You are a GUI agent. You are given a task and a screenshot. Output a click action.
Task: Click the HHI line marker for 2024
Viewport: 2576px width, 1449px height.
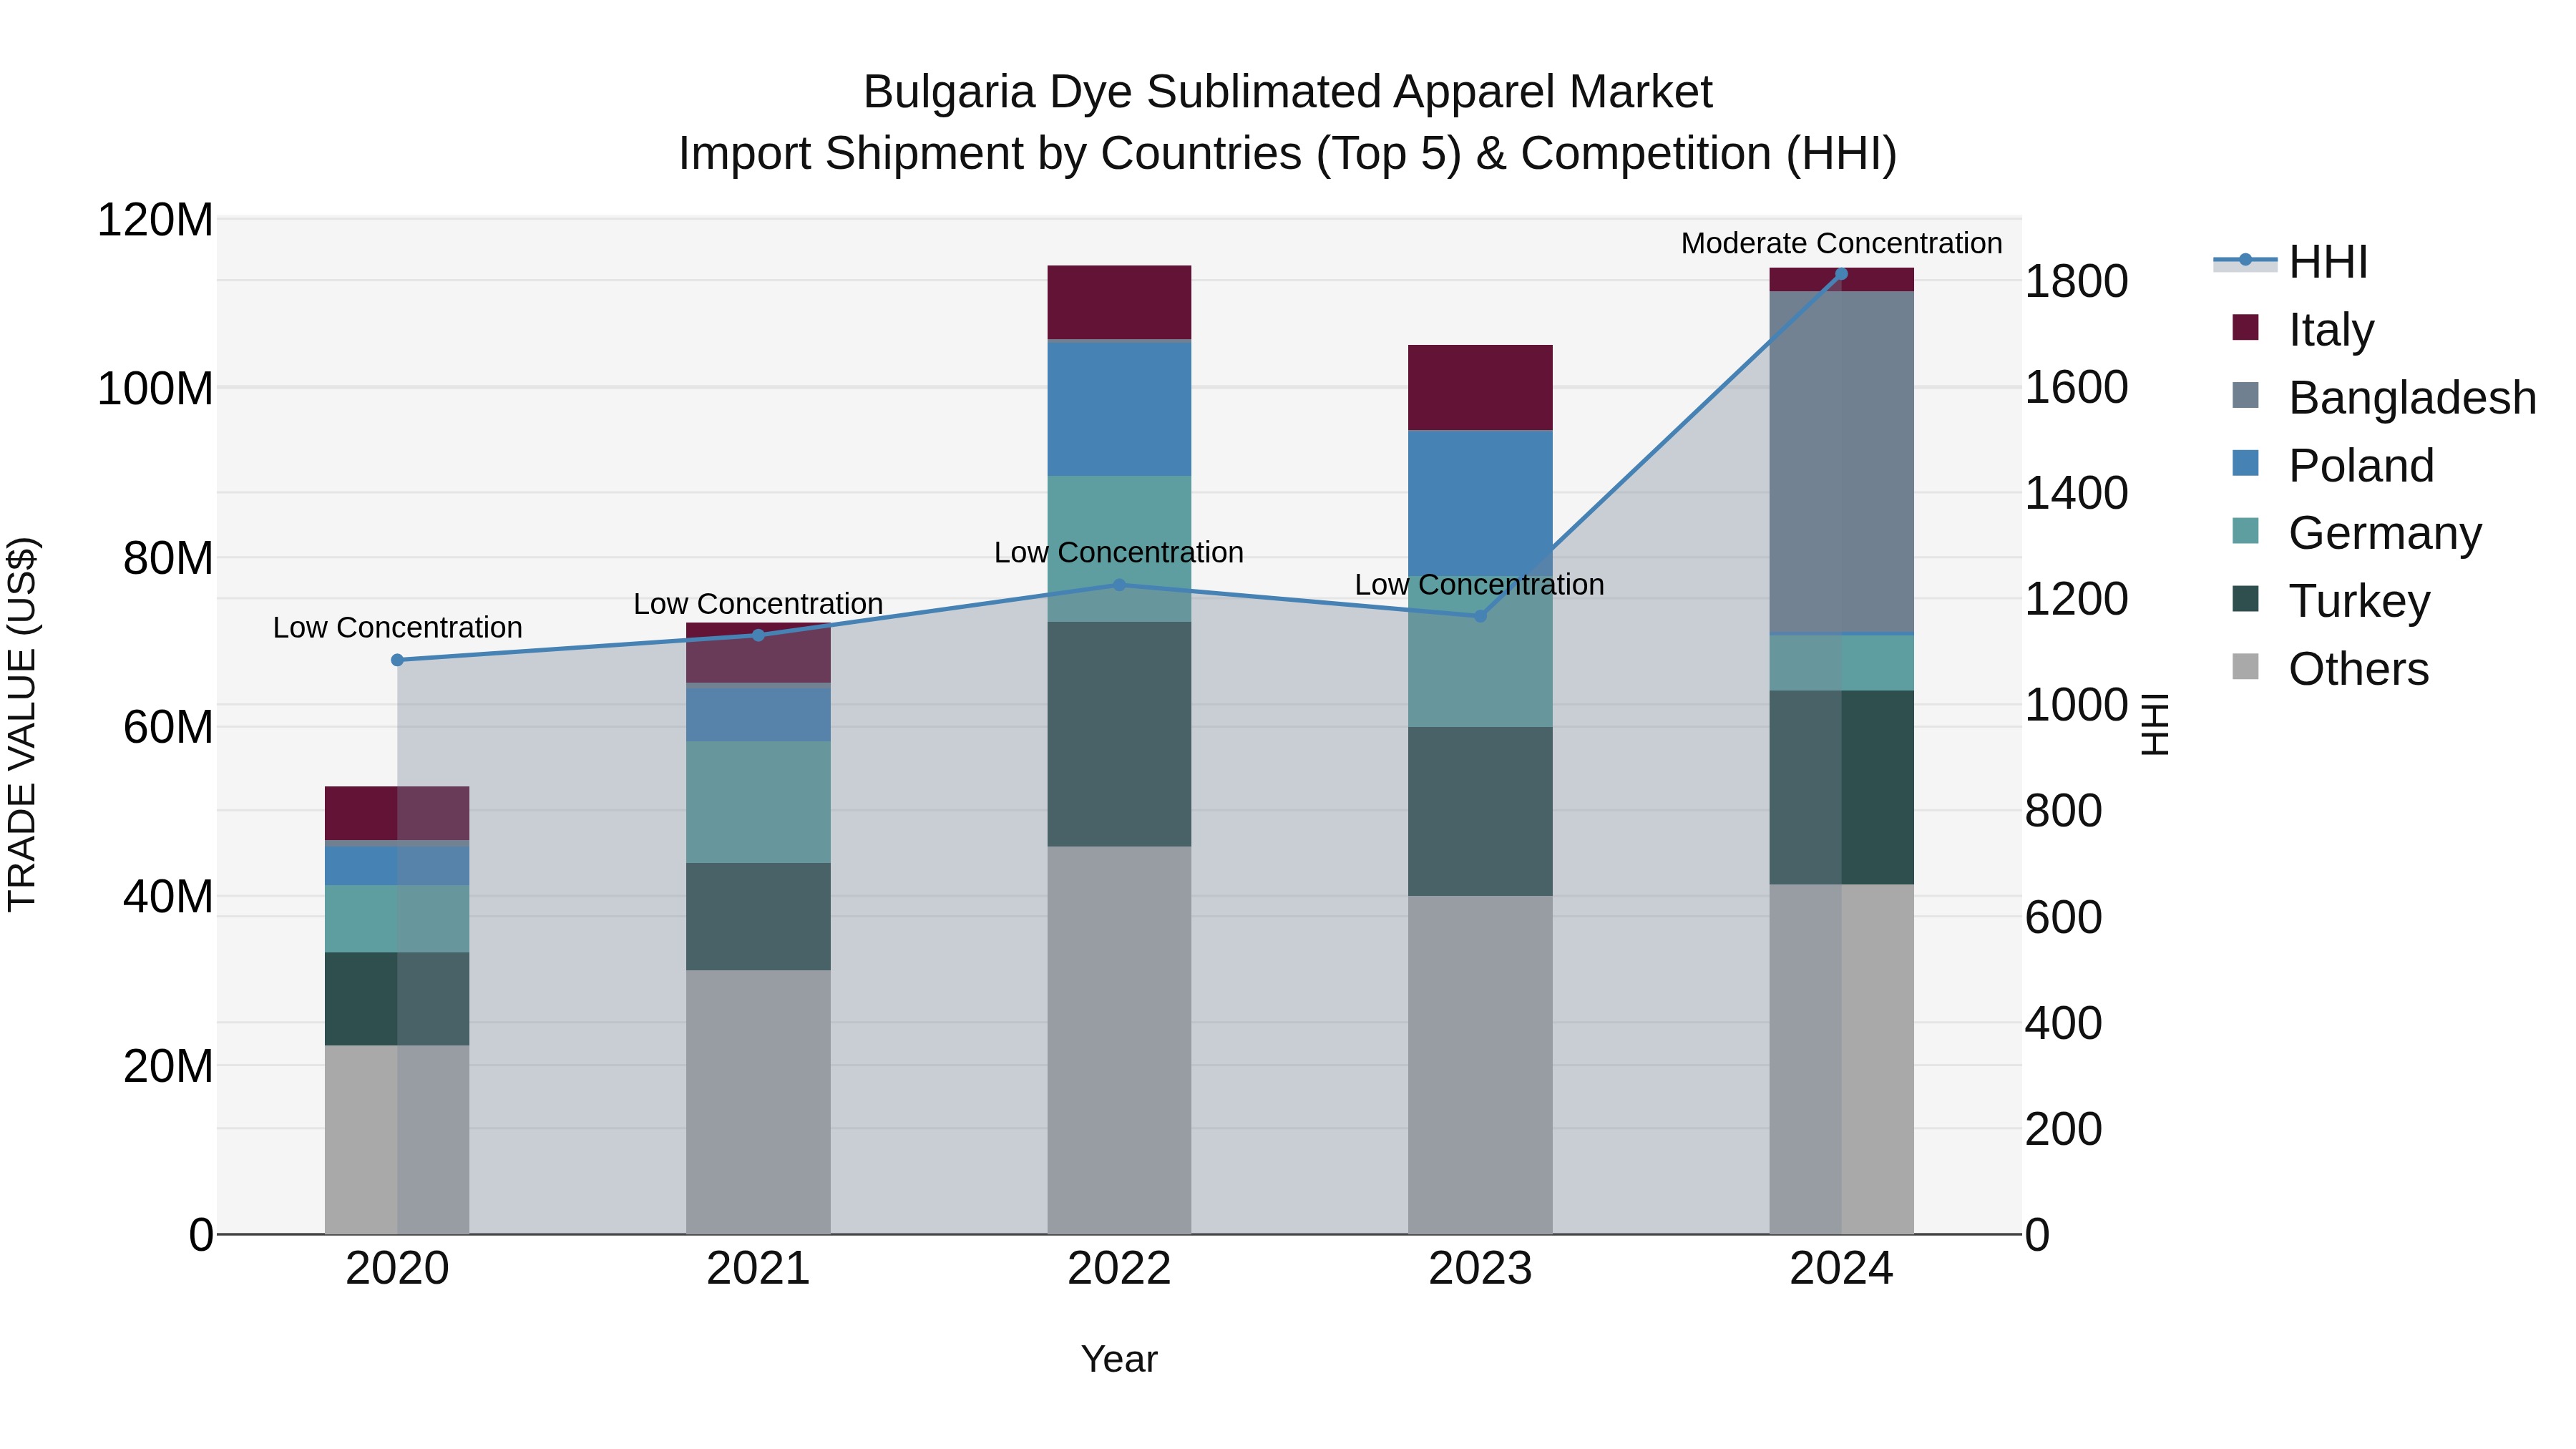point(1841,274)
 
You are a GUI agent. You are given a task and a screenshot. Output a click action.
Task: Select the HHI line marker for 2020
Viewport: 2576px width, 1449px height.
point(397,660)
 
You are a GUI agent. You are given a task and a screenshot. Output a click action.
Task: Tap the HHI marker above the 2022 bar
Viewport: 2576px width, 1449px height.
point(1119,585)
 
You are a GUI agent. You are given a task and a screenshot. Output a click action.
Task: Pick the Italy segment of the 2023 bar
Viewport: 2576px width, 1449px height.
point(1480,387)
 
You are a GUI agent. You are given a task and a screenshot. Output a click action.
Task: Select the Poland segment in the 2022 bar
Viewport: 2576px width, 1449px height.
point(1119,408)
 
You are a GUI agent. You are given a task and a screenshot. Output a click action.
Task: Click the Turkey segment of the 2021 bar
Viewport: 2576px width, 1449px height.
point(758,916)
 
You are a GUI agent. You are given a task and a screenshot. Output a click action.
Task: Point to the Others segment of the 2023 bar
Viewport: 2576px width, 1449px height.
point(1480,1064)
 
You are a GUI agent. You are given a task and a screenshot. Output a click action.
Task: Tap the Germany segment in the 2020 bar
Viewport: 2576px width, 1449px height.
point(397,918)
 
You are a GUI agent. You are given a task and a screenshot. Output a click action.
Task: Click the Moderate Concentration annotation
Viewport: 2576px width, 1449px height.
point(1841,243)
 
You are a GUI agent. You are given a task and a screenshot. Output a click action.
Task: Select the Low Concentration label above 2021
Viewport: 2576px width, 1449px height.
point(758,604)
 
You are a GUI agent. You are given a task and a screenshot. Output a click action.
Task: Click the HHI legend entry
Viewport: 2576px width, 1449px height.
point(2327,262)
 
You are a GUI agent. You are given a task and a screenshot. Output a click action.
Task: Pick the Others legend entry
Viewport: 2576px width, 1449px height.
point(2357,669)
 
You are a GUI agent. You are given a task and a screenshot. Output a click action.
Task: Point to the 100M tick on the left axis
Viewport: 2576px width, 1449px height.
point(155,388)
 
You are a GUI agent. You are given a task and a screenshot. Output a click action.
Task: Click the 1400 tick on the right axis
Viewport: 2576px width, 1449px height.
point(2076,493)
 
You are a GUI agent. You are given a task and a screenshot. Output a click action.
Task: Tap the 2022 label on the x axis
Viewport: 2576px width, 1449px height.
point(1119,1269)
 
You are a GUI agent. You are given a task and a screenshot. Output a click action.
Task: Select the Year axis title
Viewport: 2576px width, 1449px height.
point(1119,1359)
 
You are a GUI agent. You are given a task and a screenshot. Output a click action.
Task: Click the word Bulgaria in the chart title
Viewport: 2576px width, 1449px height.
point(948,92)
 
